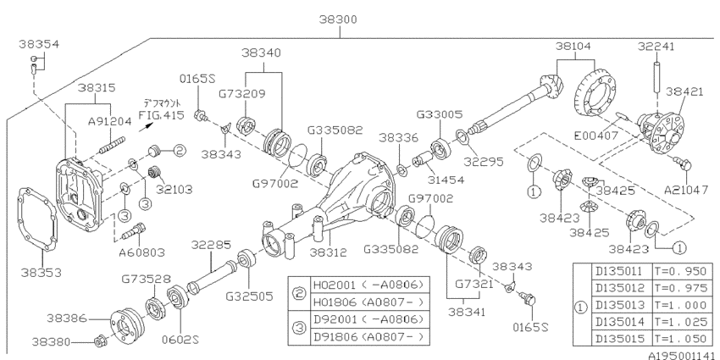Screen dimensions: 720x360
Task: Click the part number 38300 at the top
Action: [x=339, y=19]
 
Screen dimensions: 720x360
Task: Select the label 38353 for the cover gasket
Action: [x=41, y=272]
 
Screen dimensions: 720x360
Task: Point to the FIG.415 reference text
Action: [x=162, y=115]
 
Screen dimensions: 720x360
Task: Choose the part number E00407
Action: [x=596, y=136]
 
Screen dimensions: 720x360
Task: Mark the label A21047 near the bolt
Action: [x=686, y=190]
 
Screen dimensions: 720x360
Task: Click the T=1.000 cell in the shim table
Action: [x=680, y=305]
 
